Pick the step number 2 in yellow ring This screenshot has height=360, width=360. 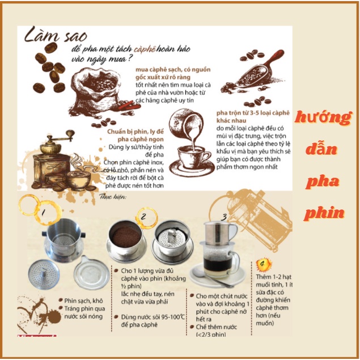(x=144, y=216)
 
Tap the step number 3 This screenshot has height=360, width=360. (x=225, y=217)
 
